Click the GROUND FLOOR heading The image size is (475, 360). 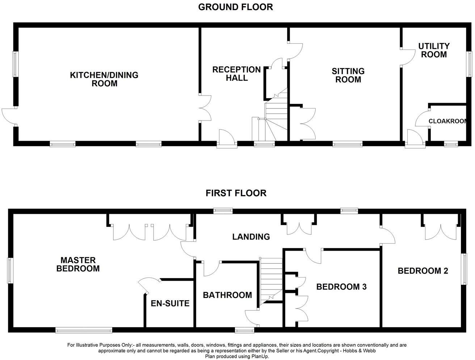click(x=235, y=7)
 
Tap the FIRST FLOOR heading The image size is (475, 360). click(x=236, y=193)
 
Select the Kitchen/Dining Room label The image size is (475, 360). click(x=104, y=79)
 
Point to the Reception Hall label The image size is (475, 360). click(x=236, y=73)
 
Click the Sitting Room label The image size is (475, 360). click(x=348, y=75)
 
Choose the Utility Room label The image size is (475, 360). click(x=434, y=50)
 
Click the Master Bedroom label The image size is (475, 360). click(x=78, y=264)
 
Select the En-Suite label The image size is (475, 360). click(x=170, y=303)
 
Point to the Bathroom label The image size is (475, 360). click(x=227, y=295)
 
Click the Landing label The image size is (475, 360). click(x=251, y=237)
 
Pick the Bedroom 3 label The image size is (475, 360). click(x=341, y=287)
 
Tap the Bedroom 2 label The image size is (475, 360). click(x=423, y=271)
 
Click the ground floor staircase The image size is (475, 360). click(x=276, y=116)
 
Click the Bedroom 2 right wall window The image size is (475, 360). click(x=463, y=269)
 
